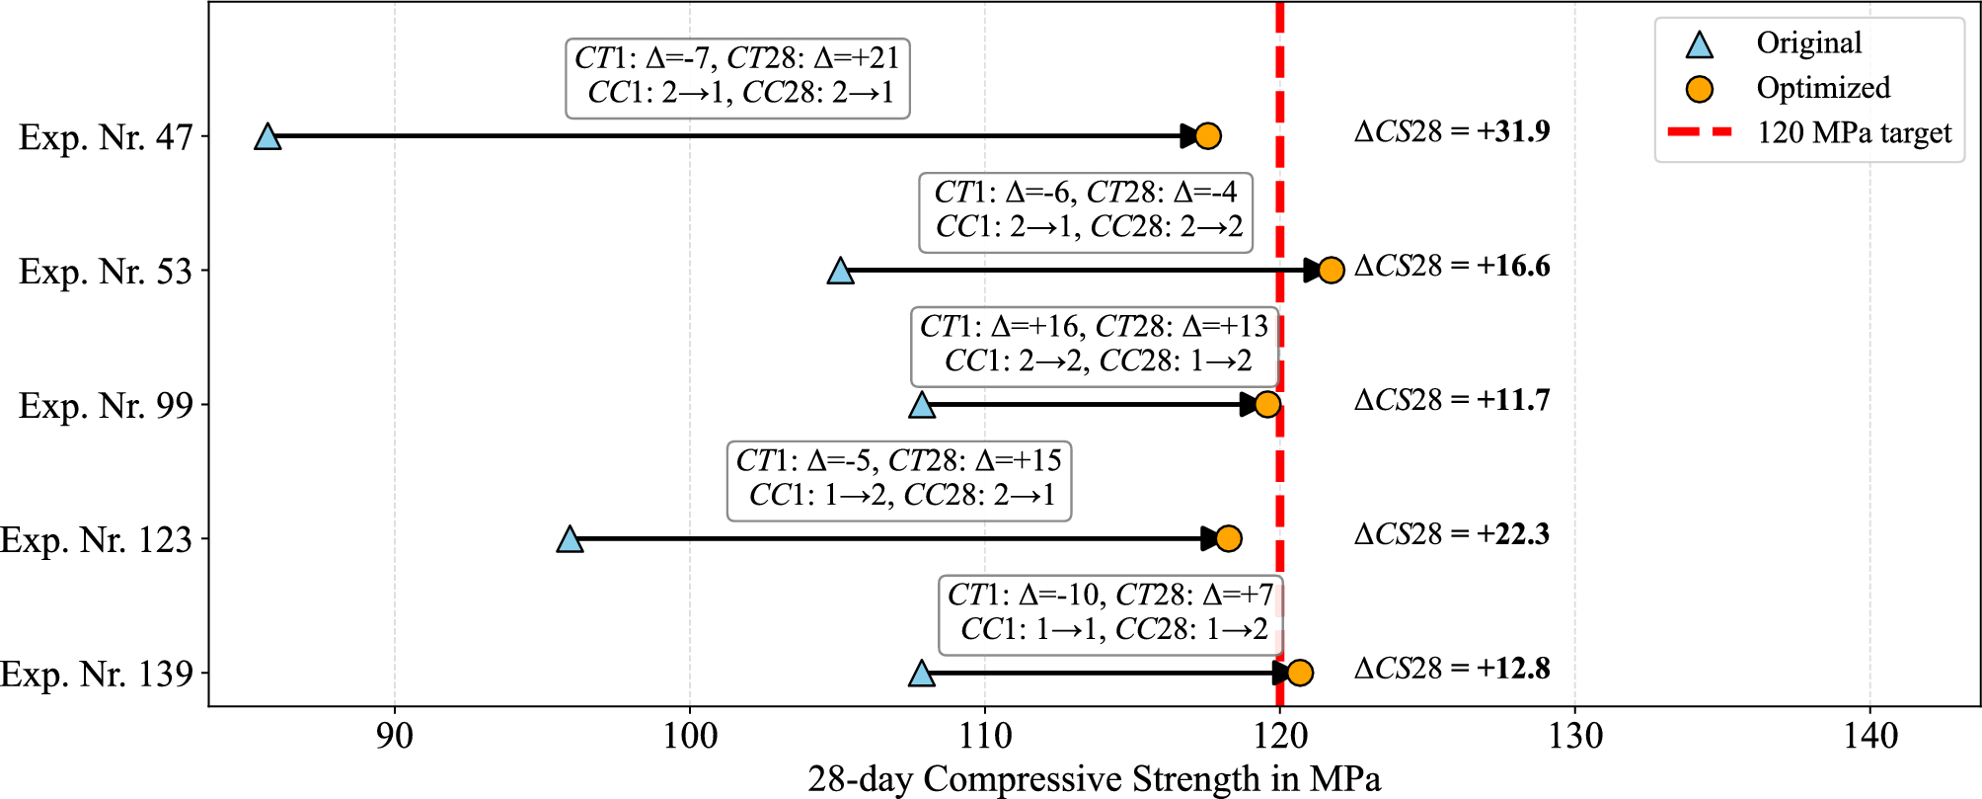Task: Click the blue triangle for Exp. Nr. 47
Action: [267, 137]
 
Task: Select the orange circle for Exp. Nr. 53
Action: [1331, 271]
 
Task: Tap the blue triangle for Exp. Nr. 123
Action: [570, 540]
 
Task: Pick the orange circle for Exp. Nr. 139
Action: [1300, 674]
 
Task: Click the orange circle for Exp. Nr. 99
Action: [1267, 405]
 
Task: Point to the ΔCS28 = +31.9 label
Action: [1452, 132]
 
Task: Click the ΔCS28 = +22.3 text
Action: [1452, 535]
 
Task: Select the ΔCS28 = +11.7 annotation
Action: [1452, 401]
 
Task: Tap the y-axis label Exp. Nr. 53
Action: [106, 272]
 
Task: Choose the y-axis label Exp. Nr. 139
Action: [97, 675]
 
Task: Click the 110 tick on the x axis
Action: [985, 737]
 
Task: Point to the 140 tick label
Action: [1870, 737]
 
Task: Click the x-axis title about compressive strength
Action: [1094, 779]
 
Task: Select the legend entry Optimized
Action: [1822, 88]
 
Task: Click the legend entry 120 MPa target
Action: [1854, 132]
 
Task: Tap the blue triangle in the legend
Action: [1699, 44]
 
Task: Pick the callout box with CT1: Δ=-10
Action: [1111, 613]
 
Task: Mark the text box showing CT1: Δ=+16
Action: [1095, 345]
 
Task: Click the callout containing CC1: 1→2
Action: [899, 479]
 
